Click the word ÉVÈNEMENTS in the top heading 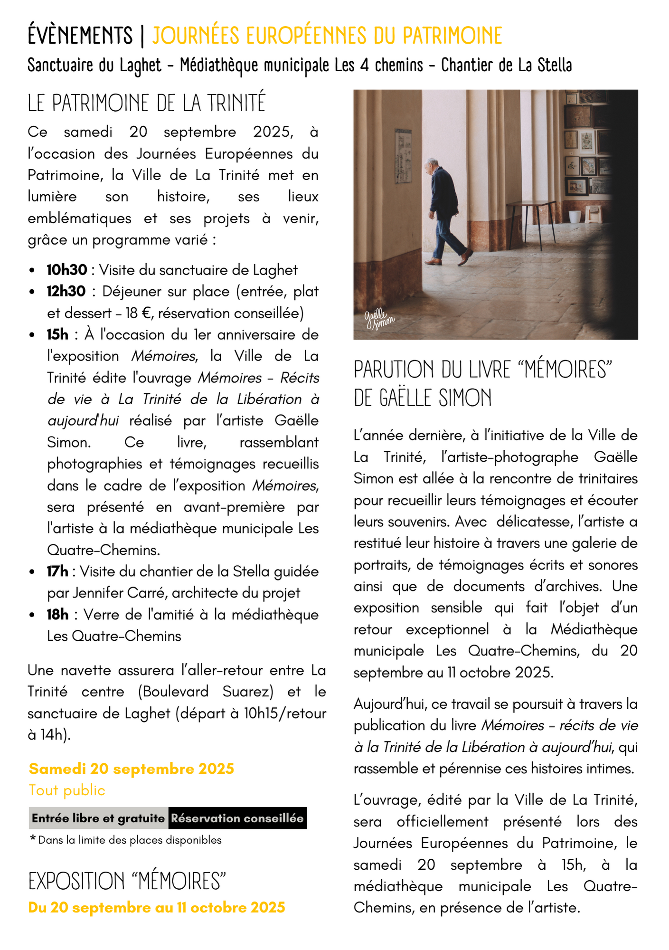(80, 36)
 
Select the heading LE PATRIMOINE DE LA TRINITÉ (146, 103)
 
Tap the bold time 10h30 (67, 270)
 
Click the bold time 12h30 (66, 291)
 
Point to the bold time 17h (57, 571)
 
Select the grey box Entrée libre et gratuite (98, 818)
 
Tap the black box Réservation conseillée (237, 818)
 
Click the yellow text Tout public (67, 790)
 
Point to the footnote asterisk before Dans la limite (33, 839)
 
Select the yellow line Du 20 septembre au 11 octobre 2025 (157, 908)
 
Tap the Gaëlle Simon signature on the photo (379, 319)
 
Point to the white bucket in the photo (575, 216)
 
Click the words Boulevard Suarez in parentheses (206, 692)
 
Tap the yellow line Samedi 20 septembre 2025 (132, 769)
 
